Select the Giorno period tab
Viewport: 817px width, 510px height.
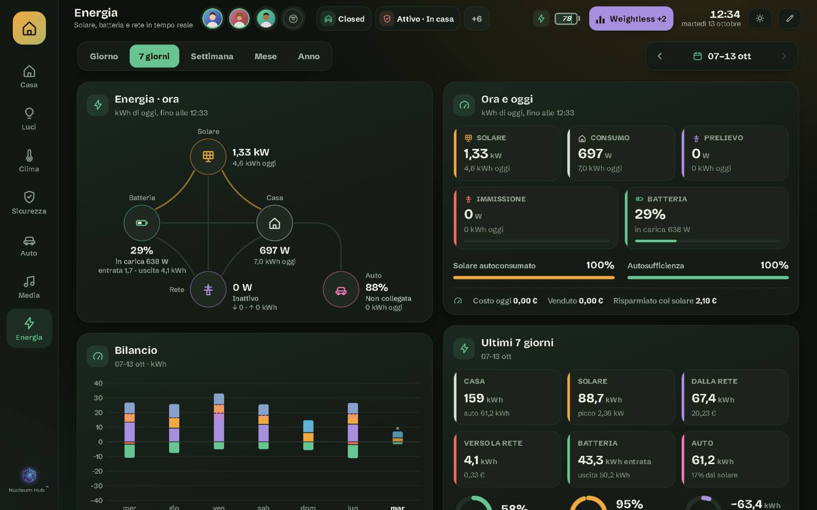click(x=104, y=56)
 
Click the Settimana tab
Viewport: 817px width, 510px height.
click(x=212, y=56)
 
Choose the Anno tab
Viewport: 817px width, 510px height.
click(x=308, y=56)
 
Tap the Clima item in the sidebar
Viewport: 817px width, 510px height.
click(x=29, y=161)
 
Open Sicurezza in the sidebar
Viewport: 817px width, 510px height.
click(x=29, y=202)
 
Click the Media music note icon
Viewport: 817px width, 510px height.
click(x=29, y=281)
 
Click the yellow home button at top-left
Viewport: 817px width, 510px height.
click(x=29, y=28)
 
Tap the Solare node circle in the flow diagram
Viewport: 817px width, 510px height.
click(x=208, y=157)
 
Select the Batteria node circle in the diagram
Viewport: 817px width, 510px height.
click(x=142, y=223)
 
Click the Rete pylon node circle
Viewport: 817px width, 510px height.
click(x=208, y=290)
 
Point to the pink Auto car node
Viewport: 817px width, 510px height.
click(x=341, y=290)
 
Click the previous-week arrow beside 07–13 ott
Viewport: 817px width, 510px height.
click(x=659, y=56)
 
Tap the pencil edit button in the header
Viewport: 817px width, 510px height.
click(x=789, y=18)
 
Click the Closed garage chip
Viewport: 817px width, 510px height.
click(x=344, y=18)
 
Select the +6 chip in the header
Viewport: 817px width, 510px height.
click(x=476, y=18)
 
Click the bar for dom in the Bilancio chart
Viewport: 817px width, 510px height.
click(x=308, y=435)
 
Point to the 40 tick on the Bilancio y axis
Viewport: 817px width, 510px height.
click(x=98, y=383)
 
